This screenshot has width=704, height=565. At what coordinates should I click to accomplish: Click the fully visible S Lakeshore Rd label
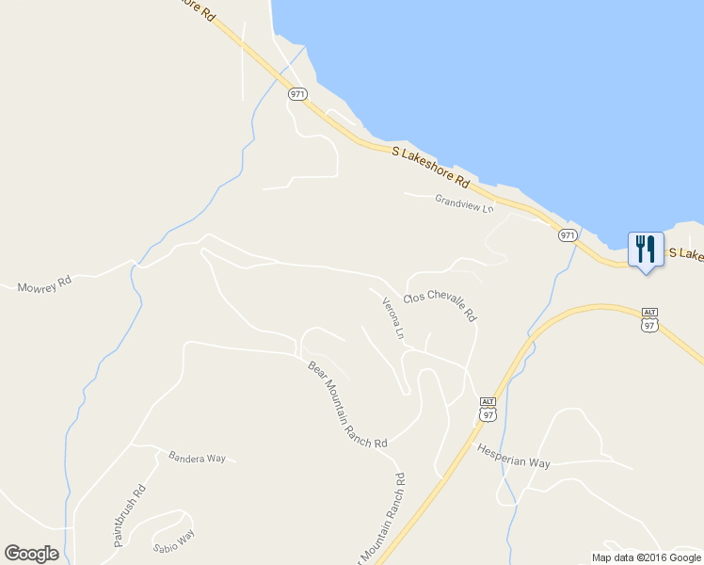(x=431, y=165)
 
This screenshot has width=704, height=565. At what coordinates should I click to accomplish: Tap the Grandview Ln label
(x=464, y=203)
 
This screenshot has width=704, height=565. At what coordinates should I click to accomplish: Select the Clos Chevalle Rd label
(x=440, y=307)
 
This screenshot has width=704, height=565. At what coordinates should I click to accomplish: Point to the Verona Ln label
(x=393, y=319)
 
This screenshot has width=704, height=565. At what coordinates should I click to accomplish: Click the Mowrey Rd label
(x=44, y=283)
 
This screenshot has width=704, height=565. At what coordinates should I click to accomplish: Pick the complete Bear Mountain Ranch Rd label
(x=347, y=404)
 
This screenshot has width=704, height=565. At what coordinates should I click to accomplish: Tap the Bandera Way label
(x=197, y=459)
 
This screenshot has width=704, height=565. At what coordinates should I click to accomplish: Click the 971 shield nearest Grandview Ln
(x=567, y=234)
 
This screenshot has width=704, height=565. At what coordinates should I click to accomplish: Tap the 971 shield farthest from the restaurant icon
(x=298, y=94)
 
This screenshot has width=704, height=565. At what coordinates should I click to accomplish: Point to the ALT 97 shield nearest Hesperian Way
(x=487, y=409)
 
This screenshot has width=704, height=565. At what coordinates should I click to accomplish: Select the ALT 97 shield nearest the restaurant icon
(x=648, y=318)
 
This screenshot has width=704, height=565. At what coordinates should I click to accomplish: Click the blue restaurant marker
(x=646, y=250)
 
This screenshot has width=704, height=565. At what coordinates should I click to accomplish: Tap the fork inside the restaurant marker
(x=640, y=248)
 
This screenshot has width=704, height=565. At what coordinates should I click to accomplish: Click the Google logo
(x=31, y=554)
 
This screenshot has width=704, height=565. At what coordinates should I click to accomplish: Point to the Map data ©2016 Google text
(x=647, y=557)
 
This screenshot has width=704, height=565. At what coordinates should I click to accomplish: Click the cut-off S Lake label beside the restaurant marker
(x=685, y=254)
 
